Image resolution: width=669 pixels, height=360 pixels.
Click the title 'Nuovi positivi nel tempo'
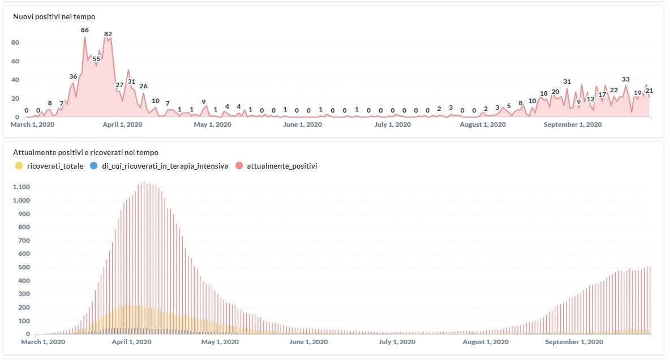point(54,17)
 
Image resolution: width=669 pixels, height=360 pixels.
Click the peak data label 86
point(85,30)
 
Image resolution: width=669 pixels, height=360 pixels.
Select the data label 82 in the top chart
point(108,34)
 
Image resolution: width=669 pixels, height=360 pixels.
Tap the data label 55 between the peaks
point(96,59)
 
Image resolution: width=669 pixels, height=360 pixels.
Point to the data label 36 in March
point(73,76)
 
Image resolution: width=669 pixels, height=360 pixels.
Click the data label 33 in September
point(625,79)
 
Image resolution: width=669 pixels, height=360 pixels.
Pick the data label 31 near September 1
point(567,82)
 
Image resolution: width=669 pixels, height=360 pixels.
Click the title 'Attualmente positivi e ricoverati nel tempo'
point(86,152)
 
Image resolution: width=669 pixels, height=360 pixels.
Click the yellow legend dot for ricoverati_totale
point(19,166)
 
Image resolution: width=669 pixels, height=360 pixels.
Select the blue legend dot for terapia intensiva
point(94,166)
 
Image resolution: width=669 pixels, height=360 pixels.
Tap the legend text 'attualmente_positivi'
point(282,166)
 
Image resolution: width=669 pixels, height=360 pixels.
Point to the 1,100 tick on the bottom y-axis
point(20,187)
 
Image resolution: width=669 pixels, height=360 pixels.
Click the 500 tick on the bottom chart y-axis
point(23,267)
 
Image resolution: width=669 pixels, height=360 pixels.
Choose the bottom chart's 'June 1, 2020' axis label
point(308,342)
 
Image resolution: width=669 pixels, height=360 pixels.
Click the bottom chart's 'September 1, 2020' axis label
point(573,342)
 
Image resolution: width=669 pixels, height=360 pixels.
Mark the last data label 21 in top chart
point(649,91)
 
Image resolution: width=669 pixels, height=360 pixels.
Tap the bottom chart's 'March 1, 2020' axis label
point(43,342)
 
